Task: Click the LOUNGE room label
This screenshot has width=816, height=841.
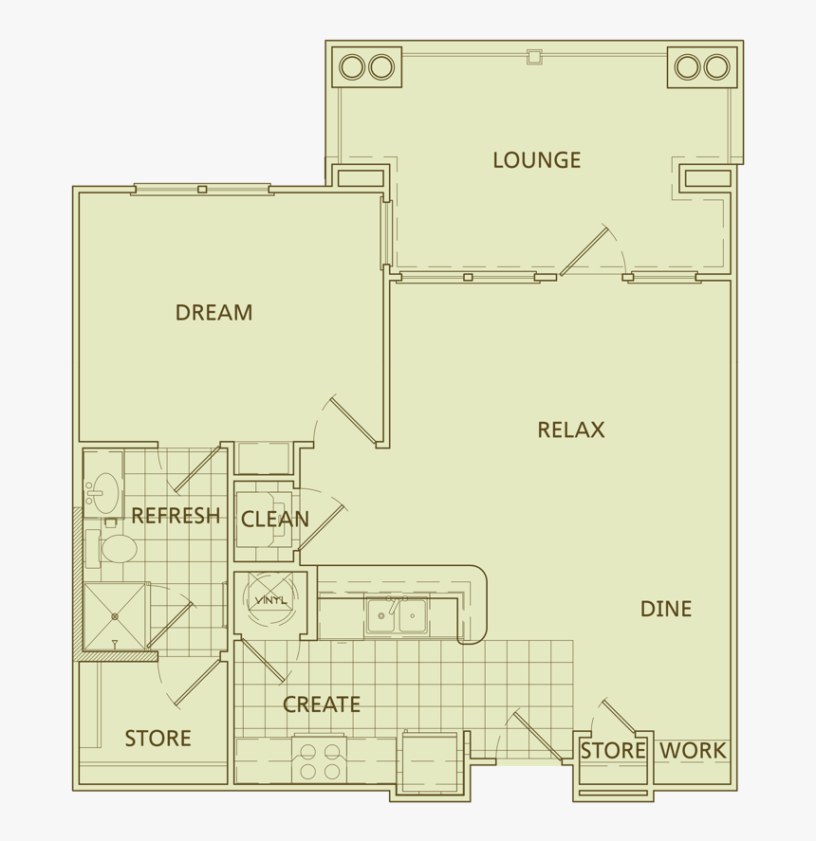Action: click(536, 160)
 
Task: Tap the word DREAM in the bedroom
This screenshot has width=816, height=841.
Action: click(213, 312)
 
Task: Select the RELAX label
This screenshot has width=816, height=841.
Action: click(570, 430)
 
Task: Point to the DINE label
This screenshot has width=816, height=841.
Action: click(665, 609)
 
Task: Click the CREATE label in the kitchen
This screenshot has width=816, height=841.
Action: click(322, 704)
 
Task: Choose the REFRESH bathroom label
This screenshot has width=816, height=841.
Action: click(176, 516)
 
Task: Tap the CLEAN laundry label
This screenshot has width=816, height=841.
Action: click(274, 520)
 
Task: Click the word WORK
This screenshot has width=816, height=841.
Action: click(693, 751)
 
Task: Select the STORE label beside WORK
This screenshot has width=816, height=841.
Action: click(613, 751)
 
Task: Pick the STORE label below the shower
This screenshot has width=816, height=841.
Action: click(158, 739)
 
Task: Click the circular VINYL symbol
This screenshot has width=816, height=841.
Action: click(270, 599)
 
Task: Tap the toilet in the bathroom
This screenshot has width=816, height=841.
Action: click(118, 549)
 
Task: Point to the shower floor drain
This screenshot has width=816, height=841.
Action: click(115, 616)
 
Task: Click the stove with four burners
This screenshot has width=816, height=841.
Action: click(320, 760)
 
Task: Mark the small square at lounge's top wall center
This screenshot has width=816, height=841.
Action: click(534, 57)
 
